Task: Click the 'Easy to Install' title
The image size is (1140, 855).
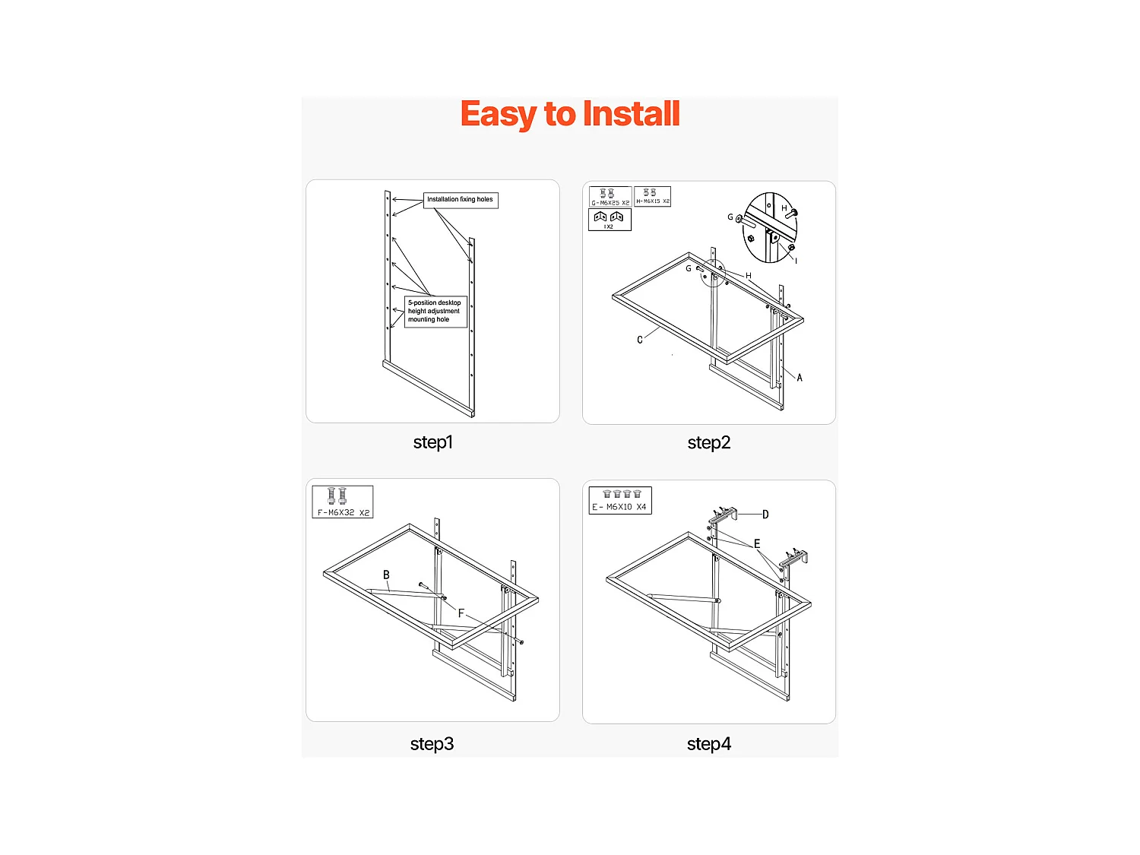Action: [569, 114]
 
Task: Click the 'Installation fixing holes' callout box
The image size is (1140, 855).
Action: [460, 200]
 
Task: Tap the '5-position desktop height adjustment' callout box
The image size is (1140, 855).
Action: [435, 311]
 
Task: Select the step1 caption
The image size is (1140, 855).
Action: [432, 442]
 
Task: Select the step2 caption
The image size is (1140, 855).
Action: [708, 443]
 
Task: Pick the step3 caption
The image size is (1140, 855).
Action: [432, 744]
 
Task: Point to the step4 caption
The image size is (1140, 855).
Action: [708, 744]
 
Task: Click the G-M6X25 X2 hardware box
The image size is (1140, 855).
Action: [610, 197]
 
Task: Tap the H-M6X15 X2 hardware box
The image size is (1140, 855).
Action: [652, 196]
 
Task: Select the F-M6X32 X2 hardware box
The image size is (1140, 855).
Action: [343, 502]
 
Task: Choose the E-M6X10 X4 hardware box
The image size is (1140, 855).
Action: [619, 501]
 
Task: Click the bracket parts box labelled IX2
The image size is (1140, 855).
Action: [609, 220]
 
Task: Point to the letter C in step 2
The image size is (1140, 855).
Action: [640, 340]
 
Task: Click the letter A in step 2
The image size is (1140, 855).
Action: [800, 378]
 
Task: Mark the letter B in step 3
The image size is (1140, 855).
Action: [386, 575]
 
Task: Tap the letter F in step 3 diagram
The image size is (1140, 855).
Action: [461, 613]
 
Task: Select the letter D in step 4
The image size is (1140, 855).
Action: [765, 515]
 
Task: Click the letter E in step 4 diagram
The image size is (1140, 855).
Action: [757, 543]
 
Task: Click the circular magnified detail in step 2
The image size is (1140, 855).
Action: [769, 228]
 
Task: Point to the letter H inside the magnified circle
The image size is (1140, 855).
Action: [784, 207]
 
